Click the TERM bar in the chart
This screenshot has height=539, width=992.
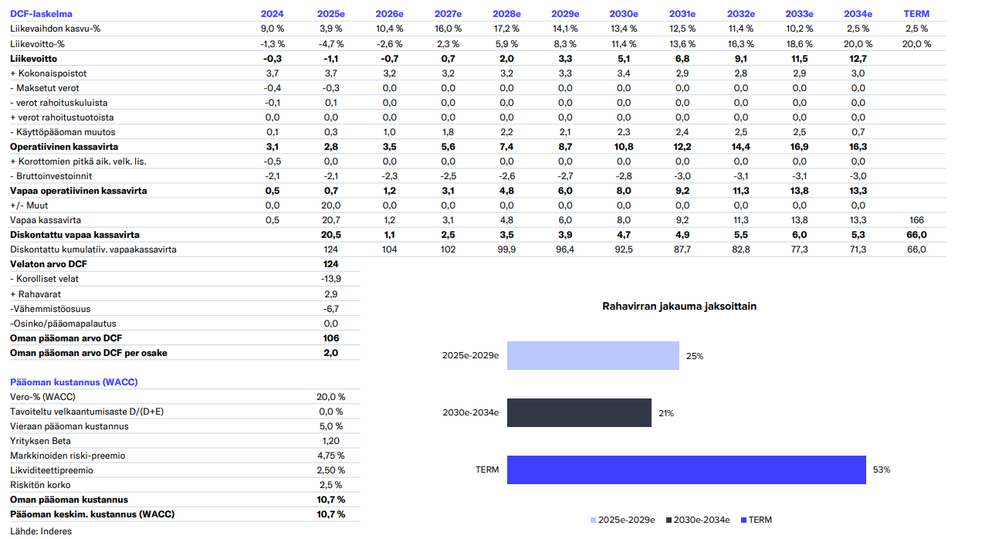coord(686,470)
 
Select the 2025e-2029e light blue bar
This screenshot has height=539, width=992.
coord(593,356)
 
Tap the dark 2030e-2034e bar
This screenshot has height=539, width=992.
coord(579,413)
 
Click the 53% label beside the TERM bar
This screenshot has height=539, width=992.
coord(882,470)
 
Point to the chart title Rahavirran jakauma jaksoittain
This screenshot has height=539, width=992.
coord(679,307)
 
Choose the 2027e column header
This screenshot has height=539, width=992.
coord(448,14)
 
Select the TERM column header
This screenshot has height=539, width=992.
coord(916,14)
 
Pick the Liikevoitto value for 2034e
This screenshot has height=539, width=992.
coord(858,59)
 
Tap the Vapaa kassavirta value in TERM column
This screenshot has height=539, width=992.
coord(916,220)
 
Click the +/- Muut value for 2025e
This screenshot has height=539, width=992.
coord(330,205)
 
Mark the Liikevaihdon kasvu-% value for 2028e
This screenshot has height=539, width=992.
coord(506,29)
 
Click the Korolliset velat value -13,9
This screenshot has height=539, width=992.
coord(330,280)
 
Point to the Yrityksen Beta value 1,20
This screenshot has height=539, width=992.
coord(330,441)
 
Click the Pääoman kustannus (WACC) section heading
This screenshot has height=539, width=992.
coord(74,382)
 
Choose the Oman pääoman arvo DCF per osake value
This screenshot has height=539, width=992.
coord(330,353)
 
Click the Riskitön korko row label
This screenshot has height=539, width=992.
coord(40,485)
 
